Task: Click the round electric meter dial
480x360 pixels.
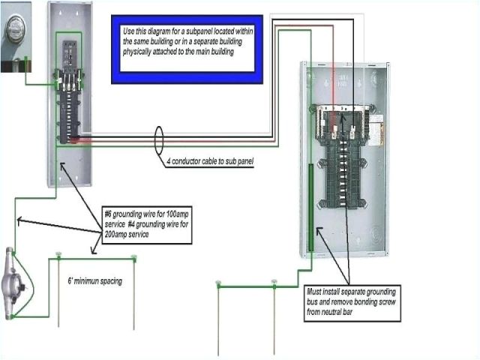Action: pos(16,32)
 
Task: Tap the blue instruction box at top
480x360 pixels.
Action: pos(187,48)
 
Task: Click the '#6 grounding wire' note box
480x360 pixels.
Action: pos(148,223)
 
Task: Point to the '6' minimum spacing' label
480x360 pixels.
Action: pos(94,281)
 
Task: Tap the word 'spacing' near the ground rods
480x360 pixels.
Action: pos(110,281)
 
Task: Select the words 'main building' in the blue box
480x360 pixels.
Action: pos(231,52)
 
